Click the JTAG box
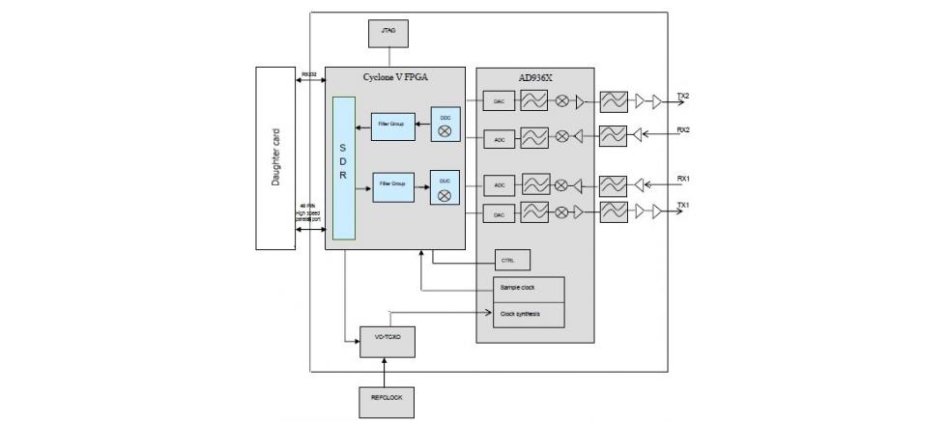coord(388,33)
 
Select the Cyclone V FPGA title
coord(394,75)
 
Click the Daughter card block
coord(275,156)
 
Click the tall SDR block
coord(344,168)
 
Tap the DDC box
coord(445,124)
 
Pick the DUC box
coord(445,187)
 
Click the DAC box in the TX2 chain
coord(500,100)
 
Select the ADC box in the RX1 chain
coord(500,183)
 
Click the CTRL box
coord(511,261)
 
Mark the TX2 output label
coord(682,97)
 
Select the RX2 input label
coord(682,129)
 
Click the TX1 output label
coord(682,205)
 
